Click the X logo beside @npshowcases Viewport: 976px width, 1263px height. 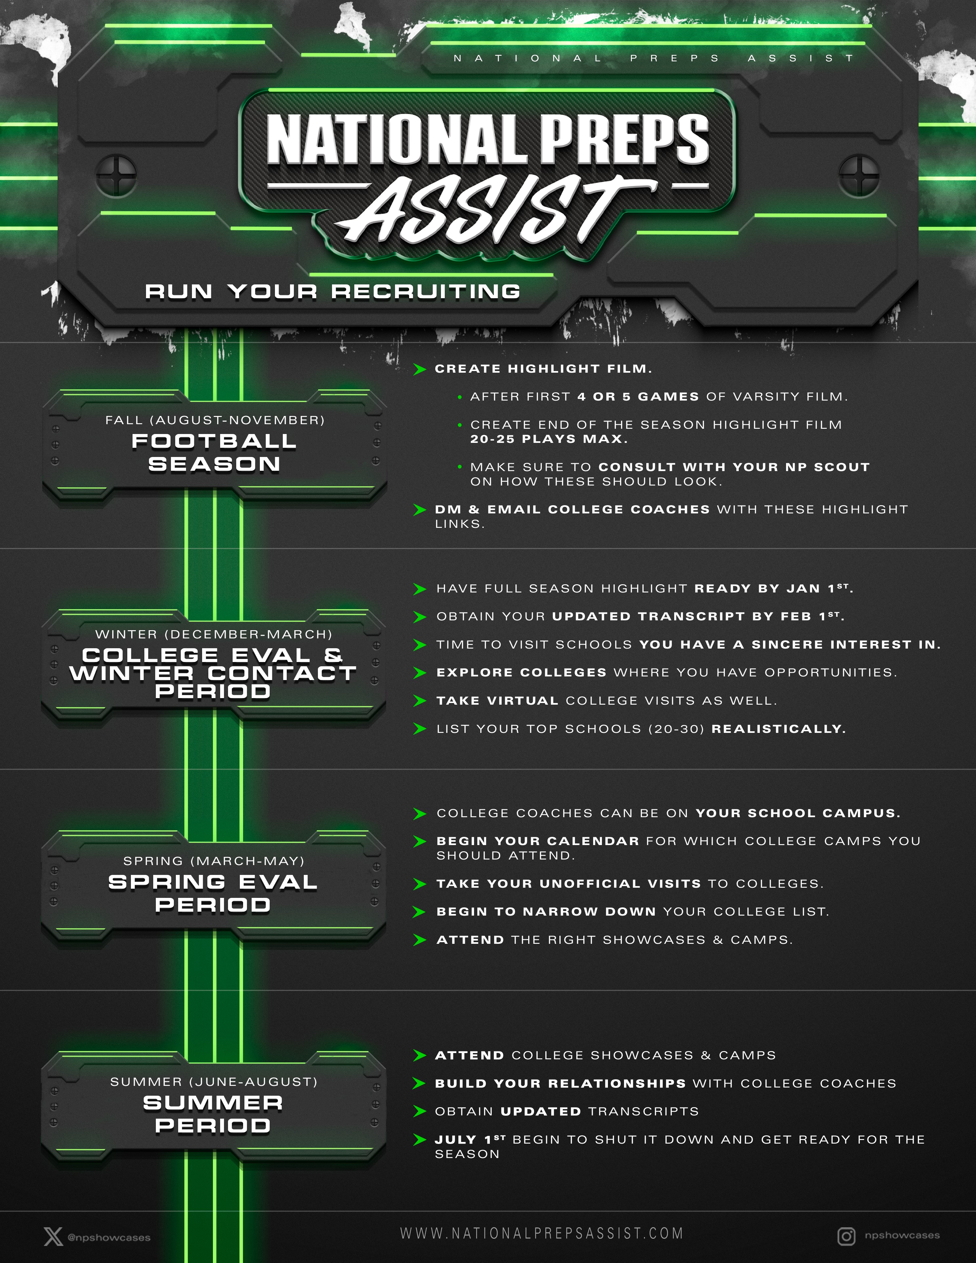(x=53, y=1237)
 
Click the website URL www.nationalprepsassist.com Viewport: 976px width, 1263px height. (x=542, y=1233)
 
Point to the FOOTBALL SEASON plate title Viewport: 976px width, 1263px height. (x=214, y=452)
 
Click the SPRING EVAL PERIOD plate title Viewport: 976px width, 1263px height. (x=213, y=893)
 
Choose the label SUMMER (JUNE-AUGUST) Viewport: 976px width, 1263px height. (x=214, y=1081)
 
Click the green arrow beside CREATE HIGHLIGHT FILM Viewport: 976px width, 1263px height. (x=420, y=369)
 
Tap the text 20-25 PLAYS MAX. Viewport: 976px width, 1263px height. (x=549, y=439)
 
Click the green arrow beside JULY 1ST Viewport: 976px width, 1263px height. (x=420, y=1139)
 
